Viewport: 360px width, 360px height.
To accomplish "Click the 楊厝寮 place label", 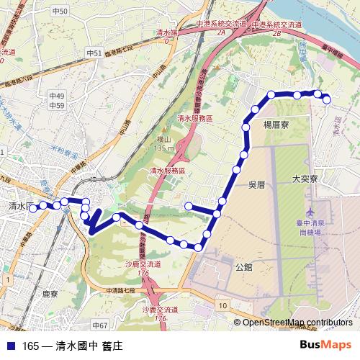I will (x=276, y=125).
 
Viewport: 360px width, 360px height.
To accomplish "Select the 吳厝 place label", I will (x=257, y=184).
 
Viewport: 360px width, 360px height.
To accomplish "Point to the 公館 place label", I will (x=244, y=266).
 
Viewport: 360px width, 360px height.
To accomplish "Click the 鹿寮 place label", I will (x=50, y=294).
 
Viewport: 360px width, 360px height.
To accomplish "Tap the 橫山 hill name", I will (x=164, y=141).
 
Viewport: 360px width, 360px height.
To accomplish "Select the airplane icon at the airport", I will (x=310, y=214).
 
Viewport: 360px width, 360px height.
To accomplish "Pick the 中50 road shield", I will (x=60, y=12).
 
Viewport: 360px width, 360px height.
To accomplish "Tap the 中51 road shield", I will (x=94, y=54).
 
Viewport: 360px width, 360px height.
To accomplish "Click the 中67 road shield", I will (x=99, y=325).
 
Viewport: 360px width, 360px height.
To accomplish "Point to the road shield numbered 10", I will (x=223, y=306).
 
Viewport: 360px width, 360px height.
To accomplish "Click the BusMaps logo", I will (x=326, y=345).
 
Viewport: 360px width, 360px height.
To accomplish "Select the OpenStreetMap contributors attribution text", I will (x=297, y=323).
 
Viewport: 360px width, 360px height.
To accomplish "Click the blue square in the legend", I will (x=10, y=346).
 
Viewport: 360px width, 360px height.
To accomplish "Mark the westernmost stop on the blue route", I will (x=32, y=208).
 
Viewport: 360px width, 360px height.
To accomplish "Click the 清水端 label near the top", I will (x=167, y=32).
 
